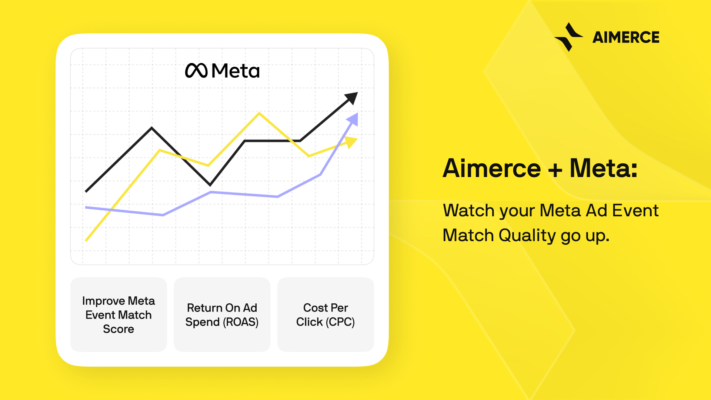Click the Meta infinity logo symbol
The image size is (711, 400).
pos(196,70)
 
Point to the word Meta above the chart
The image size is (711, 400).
pos(236,70)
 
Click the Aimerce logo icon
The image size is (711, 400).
pos(568,37)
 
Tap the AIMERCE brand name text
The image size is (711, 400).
pos(626,37)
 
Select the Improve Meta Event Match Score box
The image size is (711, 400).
pos(118,314)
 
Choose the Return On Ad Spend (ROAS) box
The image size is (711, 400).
pos(222,314)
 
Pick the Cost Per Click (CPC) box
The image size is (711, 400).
pos(326,314)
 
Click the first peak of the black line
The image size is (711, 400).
pos(152,128)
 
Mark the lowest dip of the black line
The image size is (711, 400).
pos(210,184)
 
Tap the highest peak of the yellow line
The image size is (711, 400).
pos(259,113)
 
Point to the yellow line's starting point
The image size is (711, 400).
pos(86,240)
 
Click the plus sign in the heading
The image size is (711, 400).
pos(555,170)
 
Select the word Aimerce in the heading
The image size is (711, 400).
pos(492,169)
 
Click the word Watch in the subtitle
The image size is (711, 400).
pos(469,210)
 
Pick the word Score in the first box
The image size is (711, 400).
pos(118,329)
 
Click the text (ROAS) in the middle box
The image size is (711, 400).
pos(241,322)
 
